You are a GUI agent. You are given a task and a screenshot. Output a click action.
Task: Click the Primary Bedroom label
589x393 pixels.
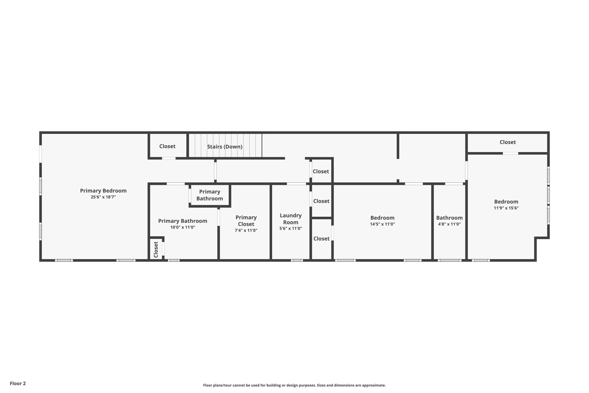point(103,191)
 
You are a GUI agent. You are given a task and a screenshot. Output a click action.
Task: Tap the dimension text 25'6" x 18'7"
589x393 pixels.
point(103,197)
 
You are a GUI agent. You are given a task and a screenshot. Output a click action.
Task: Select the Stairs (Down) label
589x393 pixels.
point(225,147)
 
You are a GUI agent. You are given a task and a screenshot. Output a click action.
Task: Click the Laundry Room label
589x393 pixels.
point(291,219)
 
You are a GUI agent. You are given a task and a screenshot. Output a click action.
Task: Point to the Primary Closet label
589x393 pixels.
point(246,221)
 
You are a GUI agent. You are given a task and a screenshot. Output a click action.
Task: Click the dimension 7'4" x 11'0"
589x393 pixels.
point(246,230)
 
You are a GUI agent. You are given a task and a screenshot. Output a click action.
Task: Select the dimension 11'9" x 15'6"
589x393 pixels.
point(506,208)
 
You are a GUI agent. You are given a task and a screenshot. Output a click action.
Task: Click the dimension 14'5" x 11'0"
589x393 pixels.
point(383,224)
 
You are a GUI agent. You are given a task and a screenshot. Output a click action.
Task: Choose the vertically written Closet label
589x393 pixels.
point(156,250)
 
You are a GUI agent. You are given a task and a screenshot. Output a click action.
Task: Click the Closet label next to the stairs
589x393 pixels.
point(167,146)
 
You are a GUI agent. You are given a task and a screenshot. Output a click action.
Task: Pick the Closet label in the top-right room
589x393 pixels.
point(508,142)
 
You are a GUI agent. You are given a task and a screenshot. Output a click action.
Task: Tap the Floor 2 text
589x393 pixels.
point(18,383)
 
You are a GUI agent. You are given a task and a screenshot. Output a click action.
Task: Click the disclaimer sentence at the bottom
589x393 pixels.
point(294,385)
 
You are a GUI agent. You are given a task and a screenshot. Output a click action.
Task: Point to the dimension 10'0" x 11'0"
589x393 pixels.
point(183,227)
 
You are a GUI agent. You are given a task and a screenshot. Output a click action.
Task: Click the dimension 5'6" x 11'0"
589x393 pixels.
point(291,229)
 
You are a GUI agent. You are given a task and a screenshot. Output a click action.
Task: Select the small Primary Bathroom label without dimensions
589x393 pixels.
point(210,195)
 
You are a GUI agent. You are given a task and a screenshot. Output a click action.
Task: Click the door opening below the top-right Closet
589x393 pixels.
point(510,153)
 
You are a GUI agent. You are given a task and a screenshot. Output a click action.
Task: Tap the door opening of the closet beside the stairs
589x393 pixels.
point(169,158)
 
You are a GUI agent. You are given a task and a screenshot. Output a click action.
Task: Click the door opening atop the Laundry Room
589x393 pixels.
point(296,184)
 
